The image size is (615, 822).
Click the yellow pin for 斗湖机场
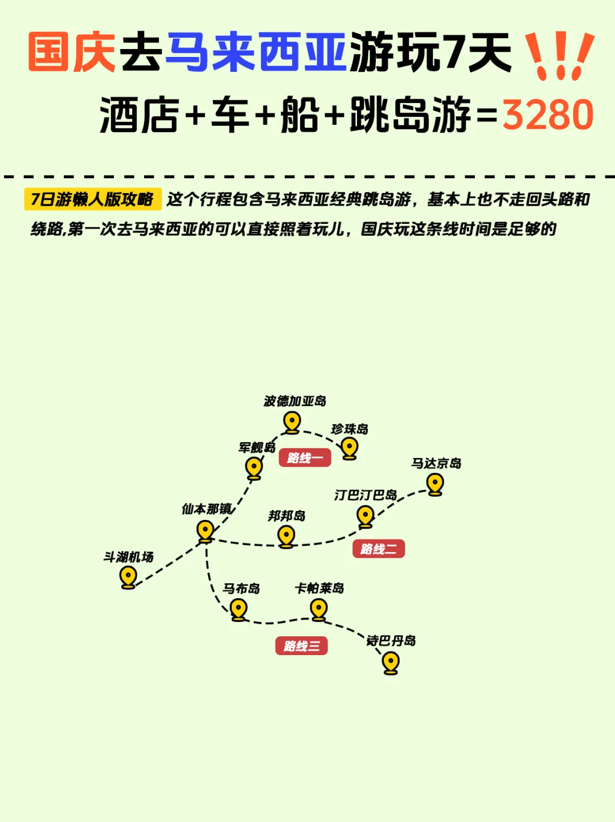click(128, 576)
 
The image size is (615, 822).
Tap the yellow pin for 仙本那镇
click(205, 531)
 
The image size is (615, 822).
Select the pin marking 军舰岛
click(254, 468)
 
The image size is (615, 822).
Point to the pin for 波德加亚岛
click(292, 422)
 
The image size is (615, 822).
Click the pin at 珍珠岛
click(350, 447)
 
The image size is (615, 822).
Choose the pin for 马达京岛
click(435, 484)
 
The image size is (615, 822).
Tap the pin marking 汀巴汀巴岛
click(365, 516)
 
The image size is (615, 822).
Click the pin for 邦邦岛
click(286, 535)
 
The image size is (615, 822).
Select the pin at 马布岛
click(239, 609)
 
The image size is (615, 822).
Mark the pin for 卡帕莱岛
click(319, 609)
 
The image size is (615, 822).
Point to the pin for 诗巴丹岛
click(391, 662)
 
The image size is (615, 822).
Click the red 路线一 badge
click(305, 457)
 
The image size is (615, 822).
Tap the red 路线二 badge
click(379, 549)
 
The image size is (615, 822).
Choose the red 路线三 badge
click(302, 645)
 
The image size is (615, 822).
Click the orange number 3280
click(548, 115)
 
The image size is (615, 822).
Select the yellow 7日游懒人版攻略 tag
click(93, 199)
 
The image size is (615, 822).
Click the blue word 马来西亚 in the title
click(256, 52)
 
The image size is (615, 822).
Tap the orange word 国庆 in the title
click(72, 52)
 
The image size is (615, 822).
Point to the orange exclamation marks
click(559, 55)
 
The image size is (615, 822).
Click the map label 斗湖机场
click(129, 557)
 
